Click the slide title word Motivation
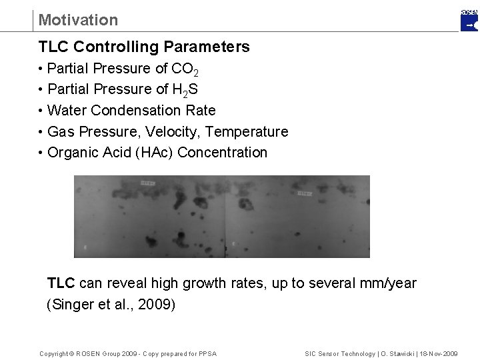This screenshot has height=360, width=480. coord(78,20)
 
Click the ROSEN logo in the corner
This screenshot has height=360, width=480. coord(469,21)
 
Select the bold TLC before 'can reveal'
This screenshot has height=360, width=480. coord(61,283)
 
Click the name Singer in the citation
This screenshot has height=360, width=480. coord(72,305)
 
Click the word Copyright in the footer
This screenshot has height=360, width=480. coord(56,353)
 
